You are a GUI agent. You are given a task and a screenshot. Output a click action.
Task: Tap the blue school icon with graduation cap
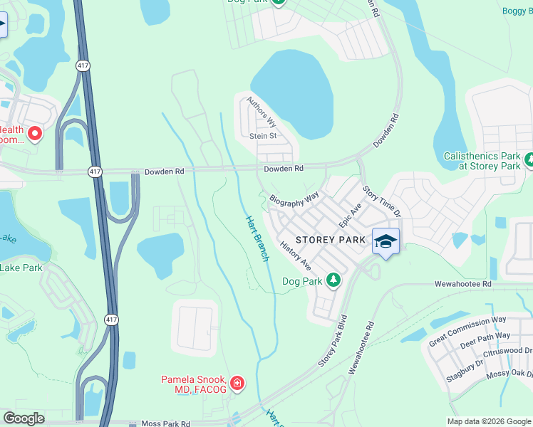[x=385, y=241]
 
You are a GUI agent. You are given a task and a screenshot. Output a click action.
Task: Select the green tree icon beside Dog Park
[x=333, y=280]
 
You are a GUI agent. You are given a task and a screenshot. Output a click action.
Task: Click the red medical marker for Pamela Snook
[x=237, y=384]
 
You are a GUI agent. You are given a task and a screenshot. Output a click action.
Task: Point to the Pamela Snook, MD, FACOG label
[x=193, y=384]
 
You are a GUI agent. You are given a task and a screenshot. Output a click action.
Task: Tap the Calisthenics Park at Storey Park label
[x=482, y=160]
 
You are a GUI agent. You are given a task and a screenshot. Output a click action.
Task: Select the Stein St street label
[x=262, y=136]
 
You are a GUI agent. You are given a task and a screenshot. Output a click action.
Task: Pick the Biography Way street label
[x=294, y=197]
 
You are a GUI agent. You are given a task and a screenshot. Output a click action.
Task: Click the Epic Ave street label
[x=351, y=214]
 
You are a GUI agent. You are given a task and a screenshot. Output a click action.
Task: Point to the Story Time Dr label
[x=383, y=201]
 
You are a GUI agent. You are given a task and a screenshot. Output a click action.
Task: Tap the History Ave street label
[x=296, y=255]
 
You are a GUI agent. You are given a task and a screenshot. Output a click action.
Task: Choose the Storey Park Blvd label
[x=332, y=341]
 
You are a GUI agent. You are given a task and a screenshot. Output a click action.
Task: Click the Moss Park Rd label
[x=165, y=423]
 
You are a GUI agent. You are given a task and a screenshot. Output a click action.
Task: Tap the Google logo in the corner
[x=24, y=418]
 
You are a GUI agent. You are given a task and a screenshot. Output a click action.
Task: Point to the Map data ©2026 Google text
[x=488, y=421]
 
